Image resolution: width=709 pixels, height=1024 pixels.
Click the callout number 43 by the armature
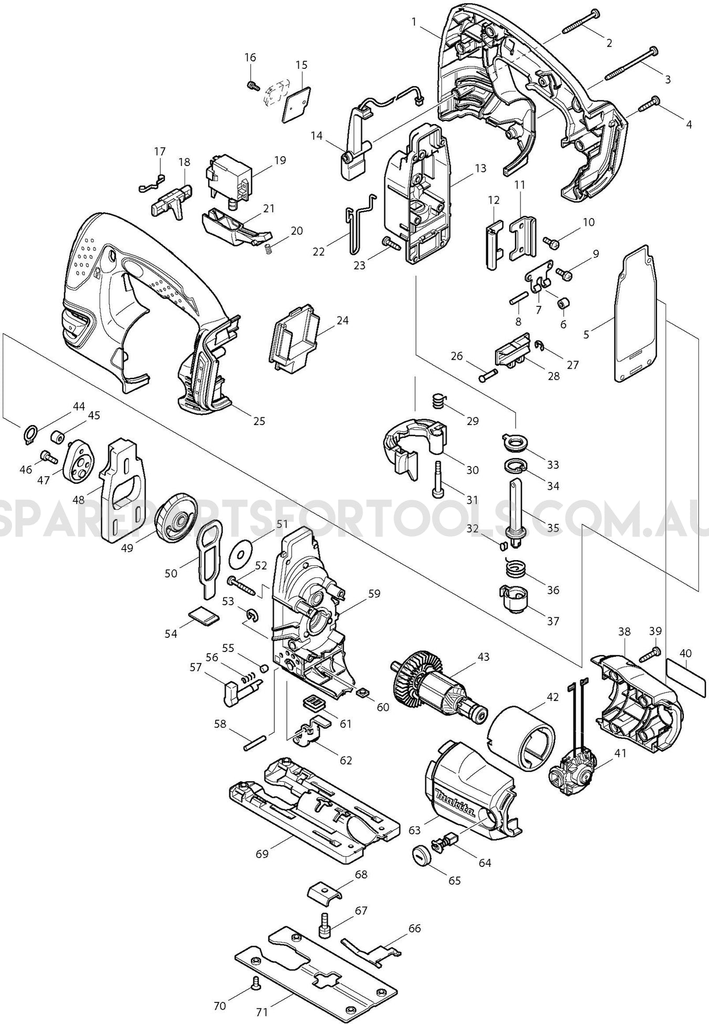click(x=483, y=657)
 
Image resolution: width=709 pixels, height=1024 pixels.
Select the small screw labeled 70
click(x=257, y=981)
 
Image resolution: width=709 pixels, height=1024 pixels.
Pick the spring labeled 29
click(x=438, y=401)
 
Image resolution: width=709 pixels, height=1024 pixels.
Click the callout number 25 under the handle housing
click(x=259, y=421)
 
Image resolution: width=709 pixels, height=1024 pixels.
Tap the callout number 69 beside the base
click(x=262, y=854)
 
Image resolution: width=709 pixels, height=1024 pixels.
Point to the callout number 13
click(x=480, y=168)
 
